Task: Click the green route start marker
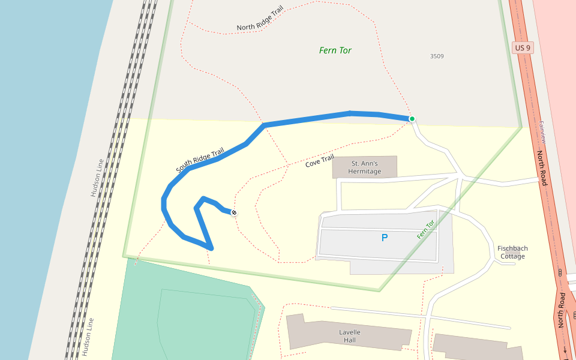click(412, 119)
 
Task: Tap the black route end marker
click(234, 213)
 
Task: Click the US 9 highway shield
click(523, 48)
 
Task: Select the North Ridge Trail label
click(260, 19)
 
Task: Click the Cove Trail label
click(319, 161)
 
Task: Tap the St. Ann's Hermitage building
click(365, 167)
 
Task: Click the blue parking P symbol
click(385, 238)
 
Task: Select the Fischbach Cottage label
click(512, 252)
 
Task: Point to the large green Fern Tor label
click(335, 50)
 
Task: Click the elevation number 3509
click(437, 56)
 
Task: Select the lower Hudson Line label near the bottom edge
click(88, 337)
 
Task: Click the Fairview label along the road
click(542, 132)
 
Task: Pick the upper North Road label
click(542, 167)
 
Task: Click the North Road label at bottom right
click(562, 310)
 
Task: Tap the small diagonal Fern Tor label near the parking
click(425, 230)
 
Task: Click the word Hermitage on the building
click(365, 172)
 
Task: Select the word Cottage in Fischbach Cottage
click(512, 256)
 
